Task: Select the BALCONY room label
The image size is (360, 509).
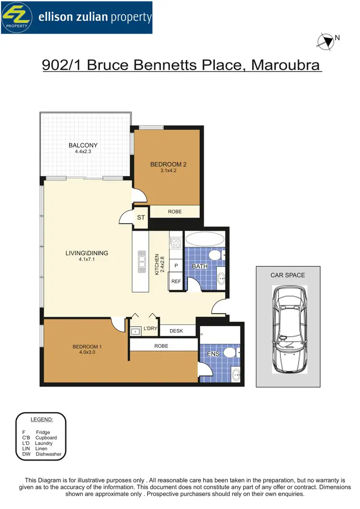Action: (x=83, y=145)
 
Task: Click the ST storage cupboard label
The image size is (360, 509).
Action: (x=141, y=217)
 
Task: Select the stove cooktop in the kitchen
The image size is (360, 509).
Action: (x=175, y=242)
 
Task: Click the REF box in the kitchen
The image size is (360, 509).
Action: (x=176, y=282)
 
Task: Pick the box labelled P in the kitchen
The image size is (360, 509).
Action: (x=176, y=266)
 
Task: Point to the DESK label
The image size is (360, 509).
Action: (x=177, y=330)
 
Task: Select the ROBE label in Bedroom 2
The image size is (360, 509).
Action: (x=174, y=211)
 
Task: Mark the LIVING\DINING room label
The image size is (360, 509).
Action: (x=87, y=253)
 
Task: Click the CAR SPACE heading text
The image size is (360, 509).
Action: (x=288, y=275)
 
